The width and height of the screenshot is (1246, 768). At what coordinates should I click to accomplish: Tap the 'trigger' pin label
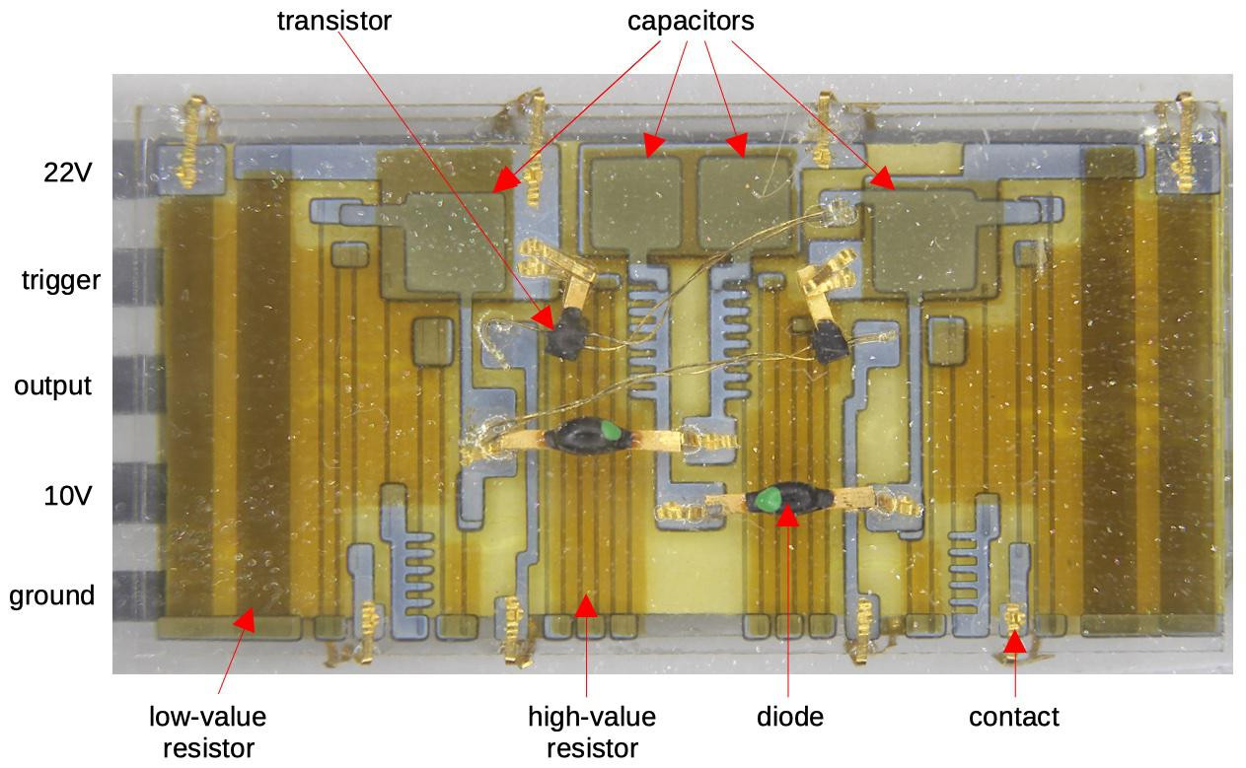pos(61,281)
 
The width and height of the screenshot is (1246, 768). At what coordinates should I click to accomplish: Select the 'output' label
pos(52,385)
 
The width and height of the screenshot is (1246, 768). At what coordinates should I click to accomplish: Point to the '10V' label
pos(67,496)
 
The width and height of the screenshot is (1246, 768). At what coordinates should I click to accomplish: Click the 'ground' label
pos(52,595)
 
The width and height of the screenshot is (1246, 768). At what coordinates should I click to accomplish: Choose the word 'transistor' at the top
pos(333,21)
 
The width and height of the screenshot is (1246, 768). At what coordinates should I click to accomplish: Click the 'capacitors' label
pos(691,21)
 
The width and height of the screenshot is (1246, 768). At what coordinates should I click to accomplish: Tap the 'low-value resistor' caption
pos(207,732)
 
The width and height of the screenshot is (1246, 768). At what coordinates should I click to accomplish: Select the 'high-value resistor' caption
pos(592,732)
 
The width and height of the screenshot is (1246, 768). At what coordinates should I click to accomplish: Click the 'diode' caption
pos(789,716)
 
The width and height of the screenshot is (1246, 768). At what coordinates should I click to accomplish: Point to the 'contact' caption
pos(1014,716)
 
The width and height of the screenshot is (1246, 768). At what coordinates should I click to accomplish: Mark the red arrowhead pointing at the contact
pos(1013,642)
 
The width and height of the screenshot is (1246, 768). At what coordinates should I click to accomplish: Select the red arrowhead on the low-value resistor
pos(243,619)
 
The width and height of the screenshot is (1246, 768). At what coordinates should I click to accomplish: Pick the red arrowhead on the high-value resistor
pos(586,604)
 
